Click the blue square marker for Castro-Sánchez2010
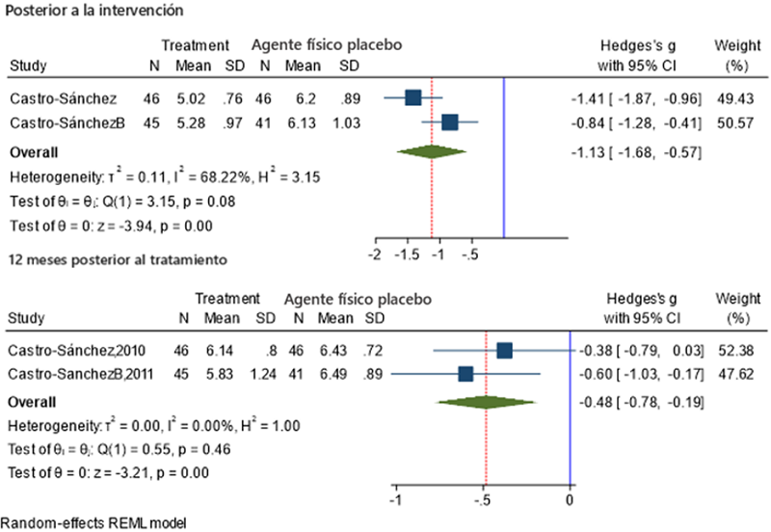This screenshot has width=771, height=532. pos(505,350)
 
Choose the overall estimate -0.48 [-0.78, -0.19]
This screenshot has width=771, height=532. pos(633,399)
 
